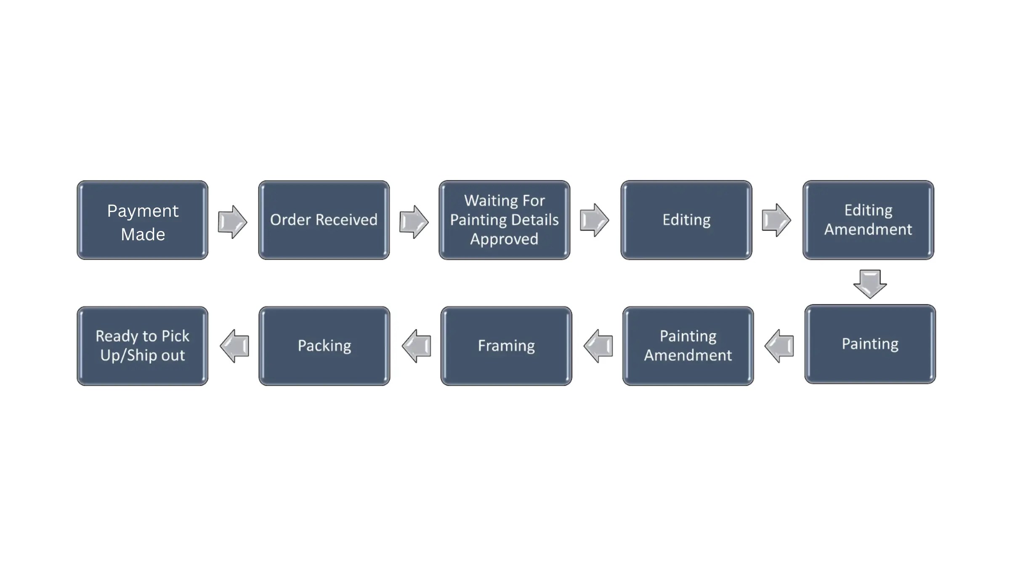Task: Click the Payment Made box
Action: pos(142,220)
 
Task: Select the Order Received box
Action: pos(324,220)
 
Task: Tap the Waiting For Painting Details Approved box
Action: pos(504,220)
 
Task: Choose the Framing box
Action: pos(506,346)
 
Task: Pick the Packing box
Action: pos(324,346)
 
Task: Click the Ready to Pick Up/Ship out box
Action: pos(142,346)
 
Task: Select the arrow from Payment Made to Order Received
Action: pos(232,222)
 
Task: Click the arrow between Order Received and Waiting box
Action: pos(414,222)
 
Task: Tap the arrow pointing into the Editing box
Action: pos(594,220)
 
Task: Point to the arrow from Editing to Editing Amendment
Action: pos(776,220)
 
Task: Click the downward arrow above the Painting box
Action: pos(870,284)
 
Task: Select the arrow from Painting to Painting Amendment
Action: pos(779,346)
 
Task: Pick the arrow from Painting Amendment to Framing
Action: pos(598,346)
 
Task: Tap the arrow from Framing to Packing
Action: pos(417,346)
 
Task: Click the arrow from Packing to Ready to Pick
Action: pos(235,346)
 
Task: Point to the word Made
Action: pos(143,234)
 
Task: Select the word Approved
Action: pos(504,239)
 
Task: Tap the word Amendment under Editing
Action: pos(868,230)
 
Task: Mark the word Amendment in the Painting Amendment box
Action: pos(688,356)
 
